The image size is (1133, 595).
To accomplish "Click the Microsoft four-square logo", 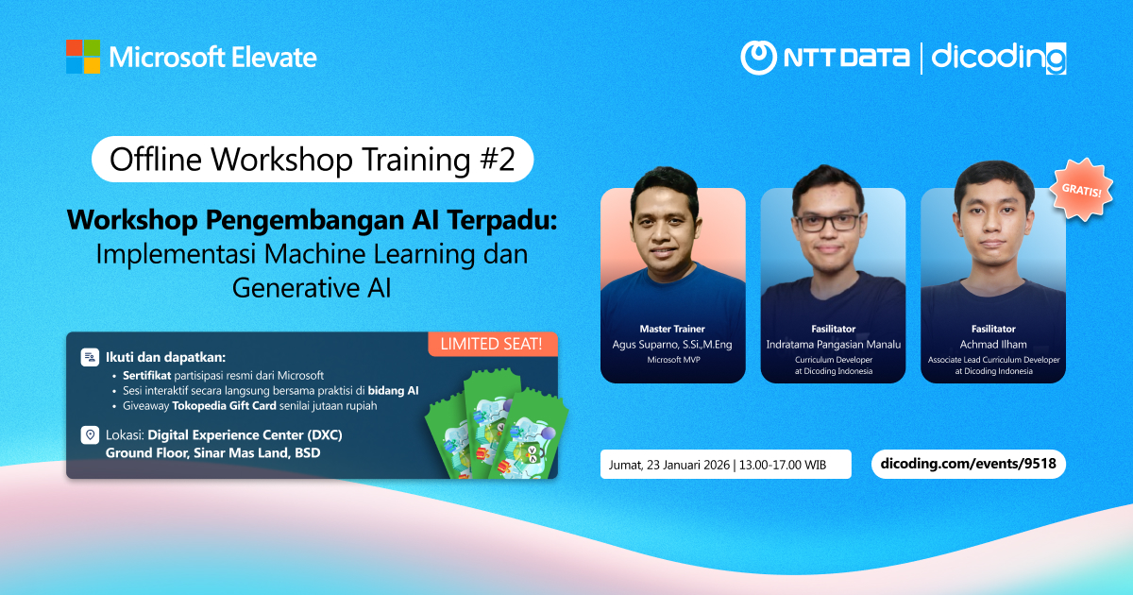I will pos(83,57).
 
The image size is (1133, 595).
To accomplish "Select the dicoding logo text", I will pos(998,58).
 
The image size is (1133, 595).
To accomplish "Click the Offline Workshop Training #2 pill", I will pos(313,160).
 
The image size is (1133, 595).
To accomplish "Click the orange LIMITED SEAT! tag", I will pos(493,344).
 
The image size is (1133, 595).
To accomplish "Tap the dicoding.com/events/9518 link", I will pos(968,464).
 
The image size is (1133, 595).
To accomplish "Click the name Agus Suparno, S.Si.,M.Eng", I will pos(672,344).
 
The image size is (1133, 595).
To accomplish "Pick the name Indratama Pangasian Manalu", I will pos(833,344).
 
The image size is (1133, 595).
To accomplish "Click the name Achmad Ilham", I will pos(993,344).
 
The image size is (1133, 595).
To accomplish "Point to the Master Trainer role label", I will pos(672,329).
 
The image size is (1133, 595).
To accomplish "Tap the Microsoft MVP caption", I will pos(672,360).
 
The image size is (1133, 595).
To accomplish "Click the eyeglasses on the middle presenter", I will pos(833,222).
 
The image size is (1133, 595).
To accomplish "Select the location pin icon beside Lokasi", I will pos(90,435).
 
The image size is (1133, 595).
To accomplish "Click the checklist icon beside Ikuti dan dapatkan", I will pos(90,357).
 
